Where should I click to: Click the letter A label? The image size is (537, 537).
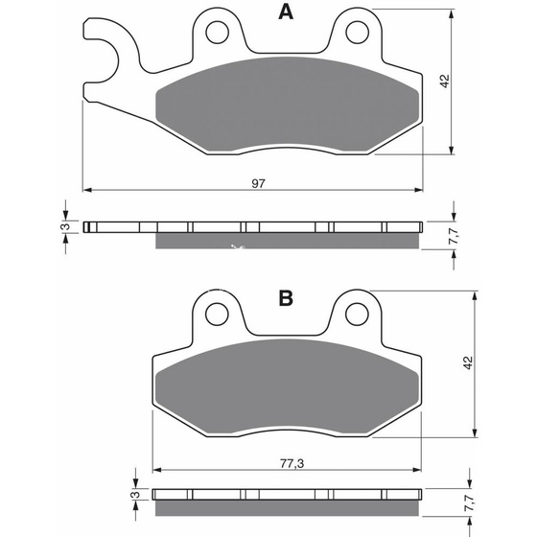click(x=285, y=12)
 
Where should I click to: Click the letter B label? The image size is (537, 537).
click(x=285, y=299)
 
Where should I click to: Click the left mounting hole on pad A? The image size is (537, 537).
click(x=217, y=32)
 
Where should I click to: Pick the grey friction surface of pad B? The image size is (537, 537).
click(x=285, y=384)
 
